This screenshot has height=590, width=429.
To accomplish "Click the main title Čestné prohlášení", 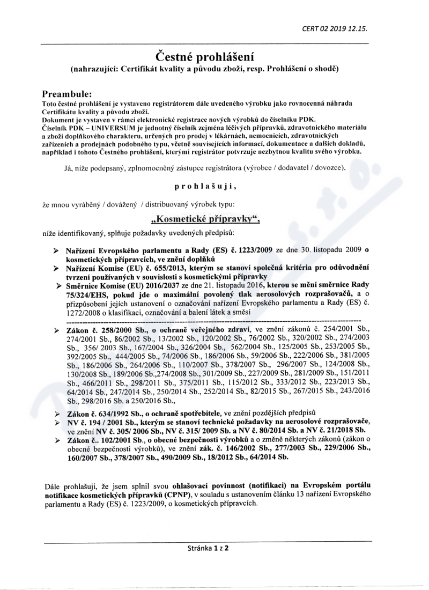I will [204, 56].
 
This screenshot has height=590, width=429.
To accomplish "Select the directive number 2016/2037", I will [156, 284].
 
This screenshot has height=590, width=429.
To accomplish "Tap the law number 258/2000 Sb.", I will [117, 328].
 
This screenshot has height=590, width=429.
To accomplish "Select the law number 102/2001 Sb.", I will [120, 440].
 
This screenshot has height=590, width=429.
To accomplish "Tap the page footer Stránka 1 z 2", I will [208, 549].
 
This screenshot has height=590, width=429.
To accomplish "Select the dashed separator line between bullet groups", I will [214, 320].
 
